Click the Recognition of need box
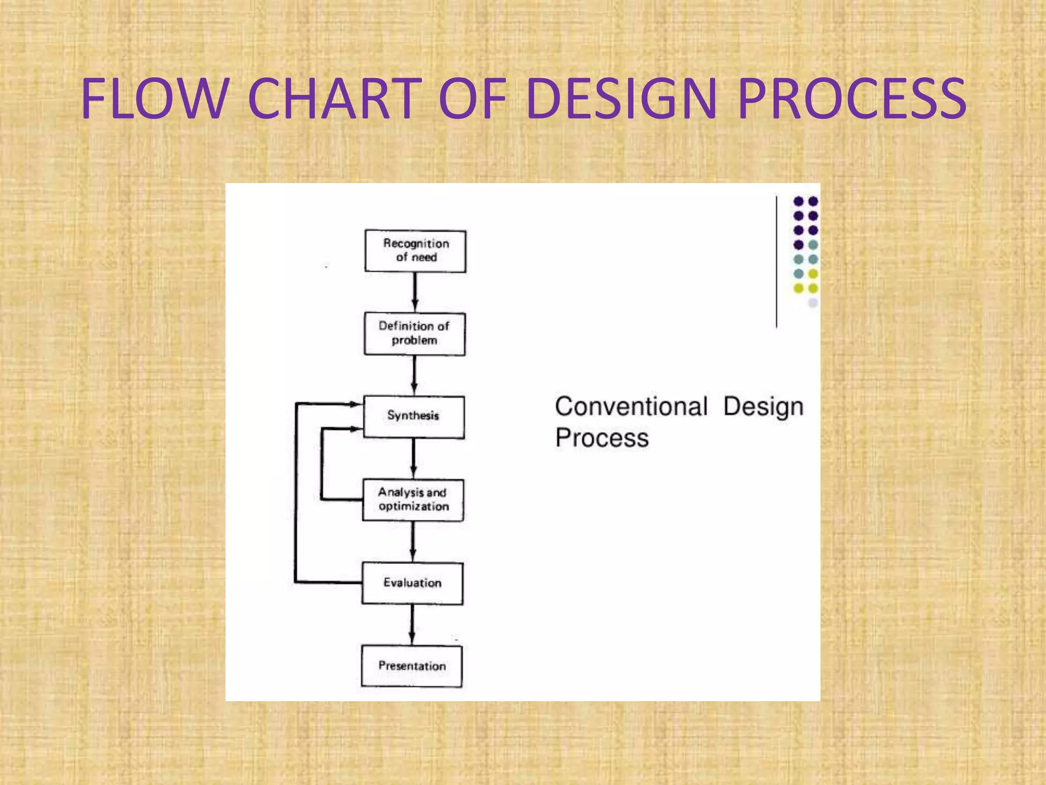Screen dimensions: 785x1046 [415, 251]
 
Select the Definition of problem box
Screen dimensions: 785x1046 [415, 334]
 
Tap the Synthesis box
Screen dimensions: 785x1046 [414, 417]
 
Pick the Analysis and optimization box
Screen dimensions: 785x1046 [413, 500]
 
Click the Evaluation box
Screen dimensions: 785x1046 [413, 583]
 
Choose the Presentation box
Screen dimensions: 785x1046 [412, 666]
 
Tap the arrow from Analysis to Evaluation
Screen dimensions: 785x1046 [413, 541]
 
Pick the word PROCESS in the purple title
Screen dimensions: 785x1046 [852, 99]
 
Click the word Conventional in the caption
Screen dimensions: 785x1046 [631, 407]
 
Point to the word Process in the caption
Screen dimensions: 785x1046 [602, 438]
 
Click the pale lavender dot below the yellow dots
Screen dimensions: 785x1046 [813, 303]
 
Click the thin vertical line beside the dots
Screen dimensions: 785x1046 [776, 261]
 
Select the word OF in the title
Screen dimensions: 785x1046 [472, 99]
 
